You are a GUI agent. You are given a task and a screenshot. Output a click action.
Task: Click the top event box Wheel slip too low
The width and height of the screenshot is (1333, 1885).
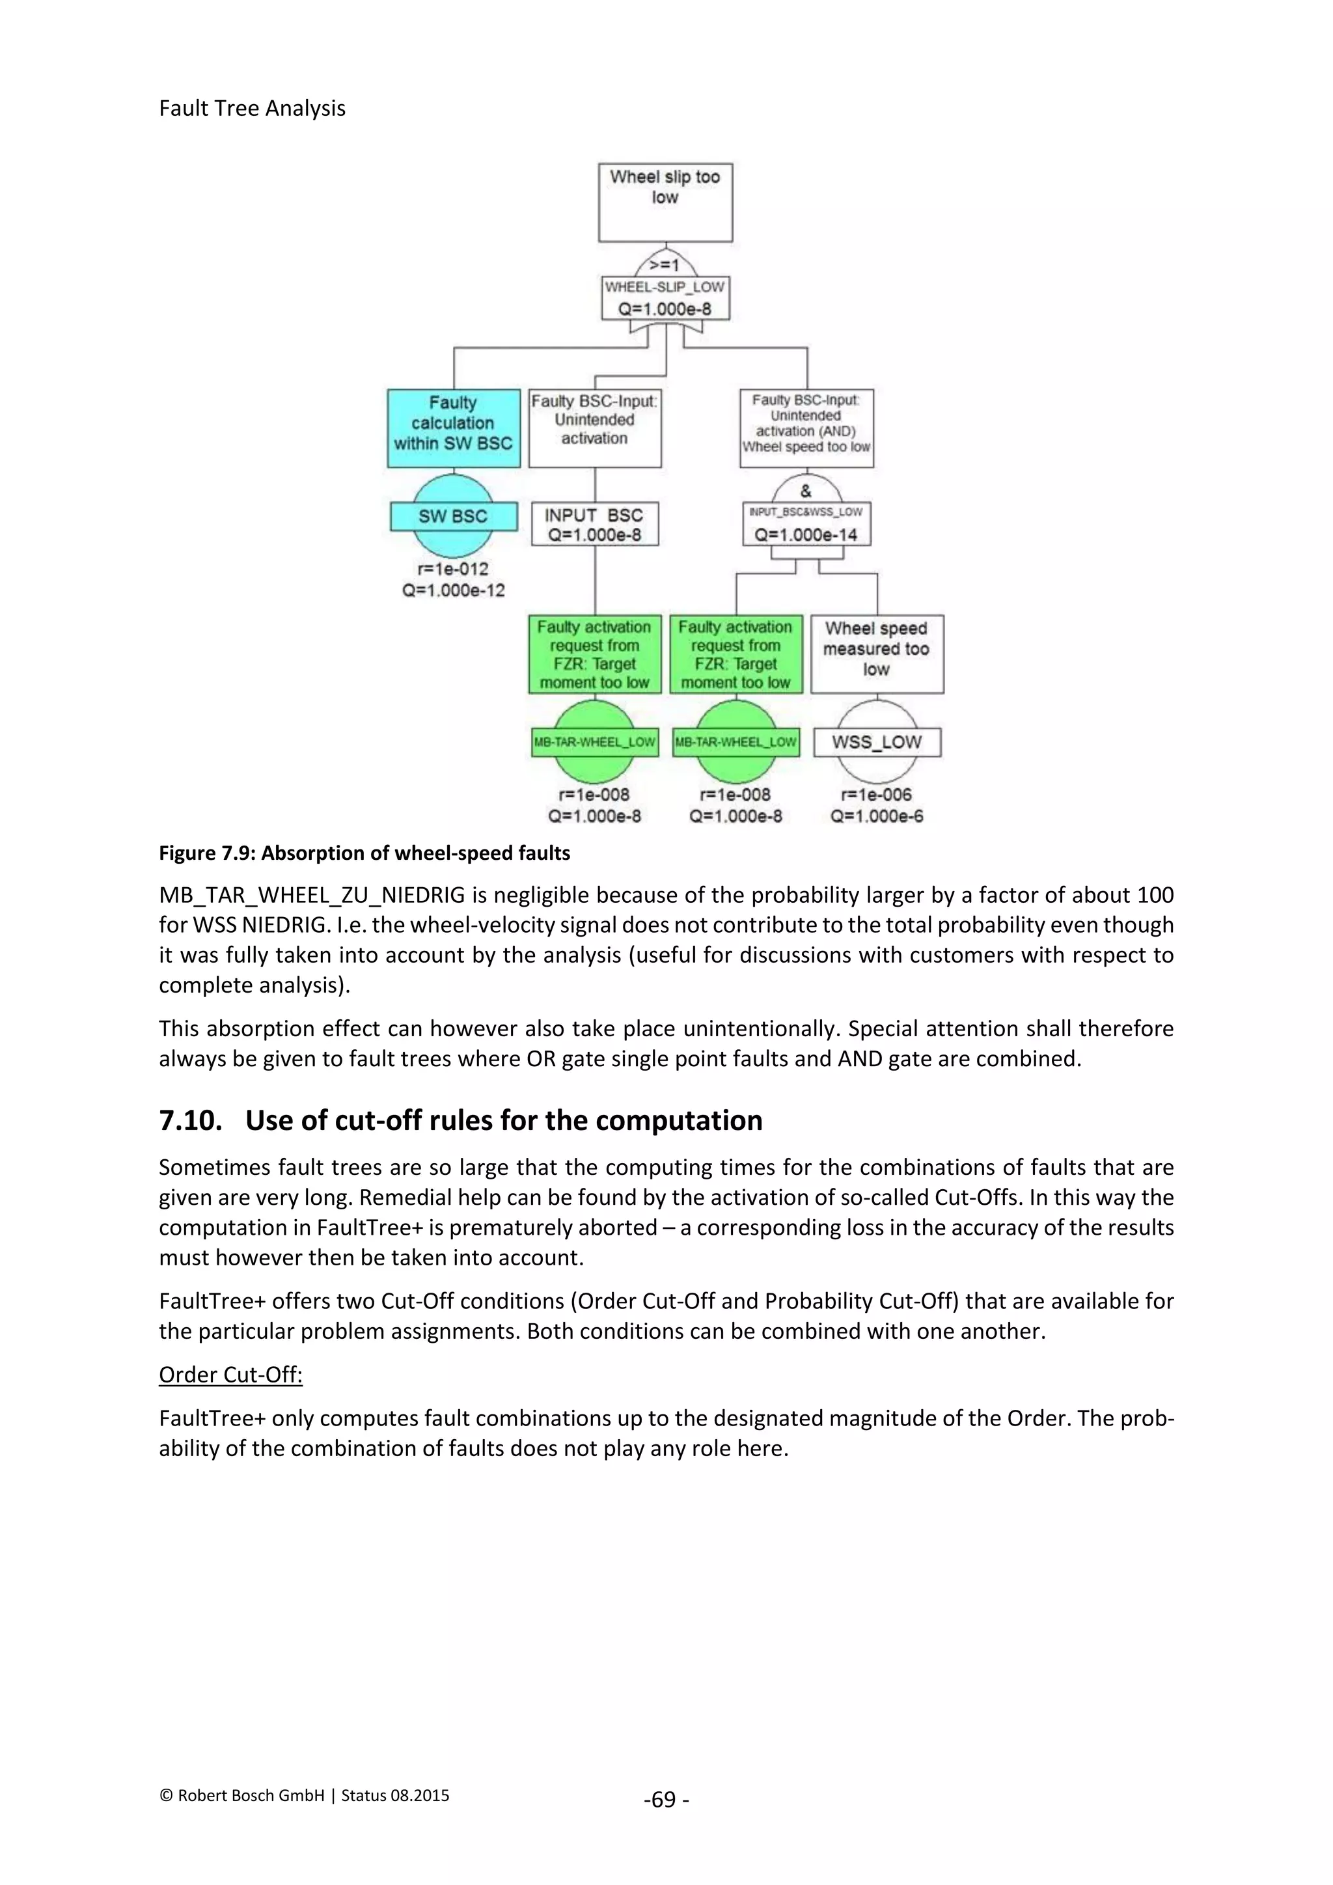coord(665,202)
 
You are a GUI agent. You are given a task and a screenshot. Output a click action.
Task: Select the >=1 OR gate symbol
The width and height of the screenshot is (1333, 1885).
coord(665,264)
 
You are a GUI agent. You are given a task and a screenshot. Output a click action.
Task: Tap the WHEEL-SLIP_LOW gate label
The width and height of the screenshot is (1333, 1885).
coord(665,286)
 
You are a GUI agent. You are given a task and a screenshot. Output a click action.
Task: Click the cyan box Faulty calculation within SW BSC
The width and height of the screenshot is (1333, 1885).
coord(453,428)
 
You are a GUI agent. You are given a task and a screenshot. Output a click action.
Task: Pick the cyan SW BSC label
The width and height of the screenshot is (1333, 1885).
coord(453,516)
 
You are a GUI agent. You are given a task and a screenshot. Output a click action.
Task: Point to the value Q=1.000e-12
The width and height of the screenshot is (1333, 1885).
coord(453,590)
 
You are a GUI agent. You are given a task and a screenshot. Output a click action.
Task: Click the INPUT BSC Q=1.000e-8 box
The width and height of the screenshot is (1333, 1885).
coord(594,525)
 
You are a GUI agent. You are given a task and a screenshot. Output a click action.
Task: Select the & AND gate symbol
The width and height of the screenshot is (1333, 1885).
coord(805,491)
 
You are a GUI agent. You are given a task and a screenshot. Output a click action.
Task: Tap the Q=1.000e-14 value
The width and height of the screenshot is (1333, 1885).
coord(805,534)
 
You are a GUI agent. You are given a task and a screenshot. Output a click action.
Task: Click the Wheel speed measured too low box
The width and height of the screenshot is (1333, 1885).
coord(877,654)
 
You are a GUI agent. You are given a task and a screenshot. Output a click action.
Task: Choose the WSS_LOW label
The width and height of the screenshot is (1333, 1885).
coord(877,742)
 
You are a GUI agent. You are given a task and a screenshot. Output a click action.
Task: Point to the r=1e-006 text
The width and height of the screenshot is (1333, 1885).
coord(877,795)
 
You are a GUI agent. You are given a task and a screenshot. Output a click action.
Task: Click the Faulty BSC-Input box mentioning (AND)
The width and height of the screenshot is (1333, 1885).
coord(806,428)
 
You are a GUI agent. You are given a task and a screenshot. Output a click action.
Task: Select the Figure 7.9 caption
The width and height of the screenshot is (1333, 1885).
coord(364,853)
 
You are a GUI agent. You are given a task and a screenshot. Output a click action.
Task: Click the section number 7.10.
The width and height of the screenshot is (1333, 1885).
coord(191,1121)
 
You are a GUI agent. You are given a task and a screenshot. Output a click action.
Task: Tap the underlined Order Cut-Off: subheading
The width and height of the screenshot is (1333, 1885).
coord(230,1375)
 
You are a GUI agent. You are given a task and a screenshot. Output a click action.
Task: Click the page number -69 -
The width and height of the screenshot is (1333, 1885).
coord(666,1800)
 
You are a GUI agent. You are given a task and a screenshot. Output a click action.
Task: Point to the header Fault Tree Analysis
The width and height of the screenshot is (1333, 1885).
coord(252,108)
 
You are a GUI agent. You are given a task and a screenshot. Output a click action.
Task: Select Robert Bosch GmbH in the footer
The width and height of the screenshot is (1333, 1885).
coord(251,1796)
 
